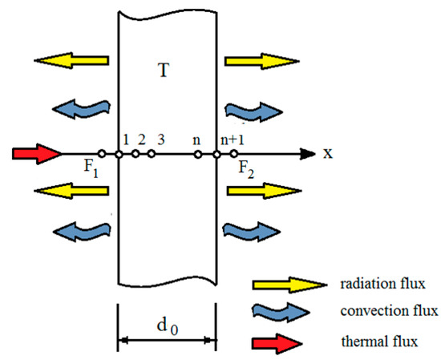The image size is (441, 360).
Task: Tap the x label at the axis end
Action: [327, 153]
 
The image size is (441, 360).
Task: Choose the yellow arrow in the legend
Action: [277, 285]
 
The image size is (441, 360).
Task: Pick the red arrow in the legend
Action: [277, 342]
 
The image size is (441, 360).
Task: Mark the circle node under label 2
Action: [136, 154]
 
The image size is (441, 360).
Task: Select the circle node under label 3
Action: [151, 154]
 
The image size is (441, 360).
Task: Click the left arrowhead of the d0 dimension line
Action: [123, 340]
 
